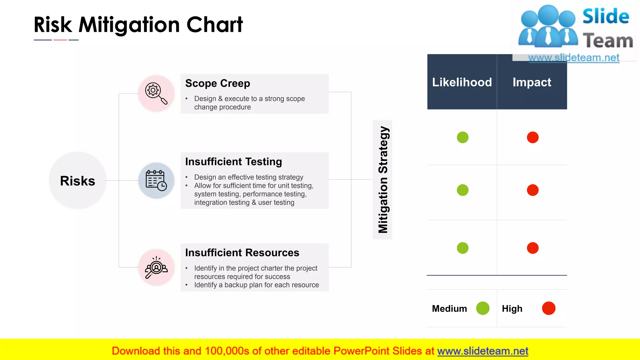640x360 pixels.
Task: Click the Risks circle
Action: pyautogui.click(x=77, y=181)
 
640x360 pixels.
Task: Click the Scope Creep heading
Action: pyautogui.click(x=217, y=83)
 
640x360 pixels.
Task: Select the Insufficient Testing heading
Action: pyautogui.click(x=233, y=162)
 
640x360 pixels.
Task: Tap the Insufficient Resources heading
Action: pyautogui.click(x=242, y=252)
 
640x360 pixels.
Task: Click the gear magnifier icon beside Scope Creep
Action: pyautogui.click(x=156, y=93)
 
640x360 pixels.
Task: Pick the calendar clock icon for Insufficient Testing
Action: pyautogui.click(x=156, y=181)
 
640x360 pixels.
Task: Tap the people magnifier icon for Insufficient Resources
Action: pyautogui.click(x=156, y=267)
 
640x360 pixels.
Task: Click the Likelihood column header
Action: pyautogui.click(x=462, y=82)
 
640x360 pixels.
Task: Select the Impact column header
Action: pyautogui.click(x=532, y=82)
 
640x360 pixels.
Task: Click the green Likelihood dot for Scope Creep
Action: pyautogui.click(x=462, y=137)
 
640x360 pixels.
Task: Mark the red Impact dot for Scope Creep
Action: pyautogui.click(x=532, y=137)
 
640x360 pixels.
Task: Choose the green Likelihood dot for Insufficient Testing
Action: pyautogui.click(x=462, y=190)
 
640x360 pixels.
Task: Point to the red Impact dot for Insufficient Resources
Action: pyautogui.click(x=532, y=248)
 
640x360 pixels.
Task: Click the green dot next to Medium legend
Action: pyautogui.click(x=482, y=308)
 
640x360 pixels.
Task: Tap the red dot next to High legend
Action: pyautogui.click(x=548, y=308)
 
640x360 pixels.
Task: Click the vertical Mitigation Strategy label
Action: pyautogui.click(x=383, y=180)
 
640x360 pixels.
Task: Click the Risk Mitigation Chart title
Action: pyautogui.click(x=138, y=25)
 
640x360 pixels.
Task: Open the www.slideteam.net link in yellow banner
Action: pyautogui.click(x=482, y=351)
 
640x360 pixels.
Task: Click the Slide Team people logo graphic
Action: pyautogui.click(x=547, y=27)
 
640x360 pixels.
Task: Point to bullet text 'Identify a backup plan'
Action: pyautogui.click(x=256, y=285)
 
